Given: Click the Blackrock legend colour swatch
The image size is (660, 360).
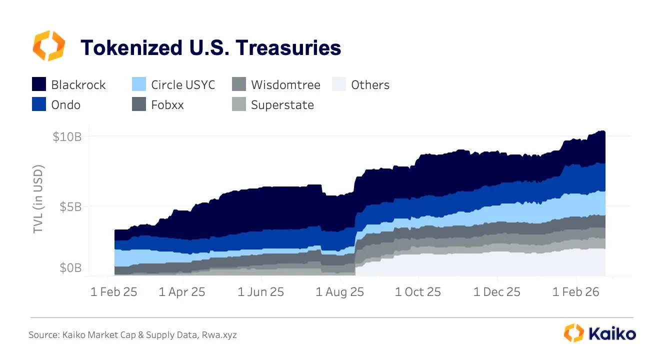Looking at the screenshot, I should point(39,84).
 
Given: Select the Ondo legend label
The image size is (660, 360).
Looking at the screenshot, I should point(65,105).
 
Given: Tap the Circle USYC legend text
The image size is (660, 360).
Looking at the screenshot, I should point(183,84).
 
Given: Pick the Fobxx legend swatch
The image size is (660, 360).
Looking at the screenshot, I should point(139,105).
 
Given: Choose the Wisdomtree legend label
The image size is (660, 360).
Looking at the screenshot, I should point(285,84).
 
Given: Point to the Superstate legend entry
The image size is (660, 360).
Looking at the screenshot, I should point(282,105).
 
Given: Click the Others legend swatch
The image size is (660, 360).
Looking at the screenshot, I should point(339,84).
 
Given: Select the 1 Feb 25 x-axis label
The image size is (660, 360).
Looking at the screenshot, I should point(113,292).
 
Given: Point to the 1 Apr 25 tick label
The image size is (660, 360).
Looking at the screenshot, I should point(182,292).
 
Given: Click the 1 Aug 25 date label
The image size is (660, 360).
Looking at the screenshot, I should point(339,292).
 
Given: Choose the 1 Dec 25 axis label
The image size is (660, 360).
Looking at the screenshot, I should point(497,292).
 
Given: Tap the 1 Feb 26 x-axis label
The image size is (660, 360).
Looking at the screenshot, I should point(576,292).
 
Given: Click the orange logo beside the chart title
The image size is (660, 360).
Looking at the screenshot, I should point(48,45).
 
